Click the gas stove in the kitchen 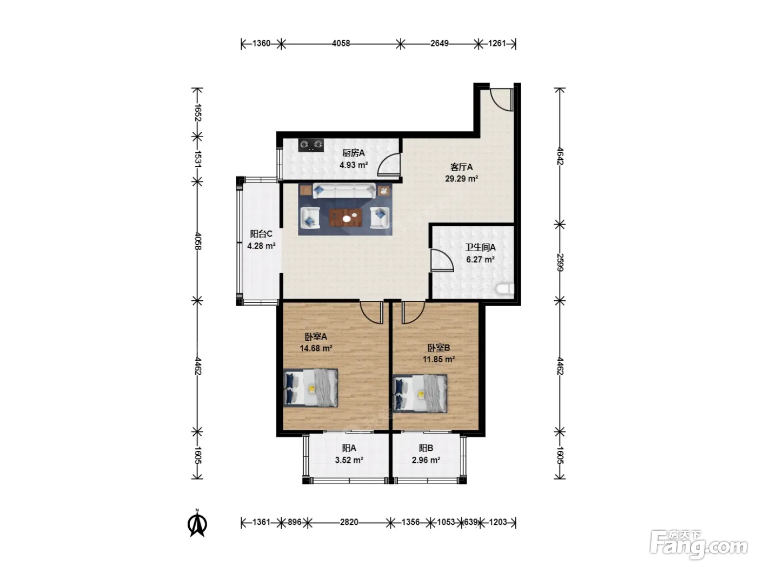point(311,145)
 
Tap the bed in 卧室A point(310,388)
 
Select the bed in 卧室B point(420,394)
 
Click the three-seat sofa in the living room point(344,191)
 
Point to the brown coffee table point(345,218)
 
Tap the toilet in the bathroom point(505,289)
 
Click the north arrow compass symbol point(197,524)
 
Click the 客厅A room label point(461,167)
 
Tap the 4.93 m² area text point(354,165)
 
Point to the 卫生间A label point(480,247)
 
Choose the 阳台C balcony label point(261,234)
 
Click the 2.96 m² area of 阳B point(426,460)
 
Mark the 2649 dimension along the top point(440,43)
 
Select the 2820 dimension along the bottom point(349,522)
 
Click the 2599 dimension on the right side point(560,262)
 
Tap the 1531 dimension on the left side point(197,159)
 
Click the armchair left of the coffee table point(310,218)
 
